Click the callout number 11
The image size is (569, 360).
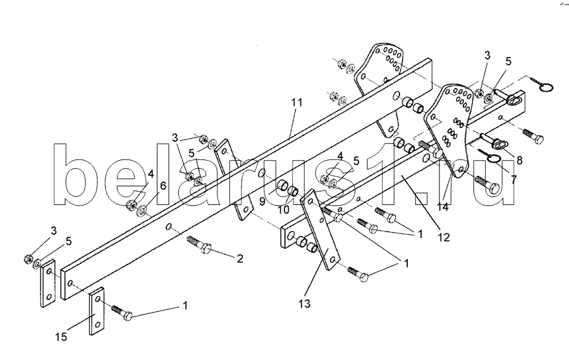(x=297, y=102)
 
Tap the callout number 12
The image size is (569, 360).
(x=444, y=237)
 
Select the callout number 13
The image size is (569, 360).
(x=305, y=304)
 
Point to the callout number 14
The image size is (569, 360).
(x=443, y=207)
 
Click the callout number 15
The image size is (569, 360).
(x=61, y=337)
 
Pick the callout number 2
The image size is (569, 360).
(x=240, y=259)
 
